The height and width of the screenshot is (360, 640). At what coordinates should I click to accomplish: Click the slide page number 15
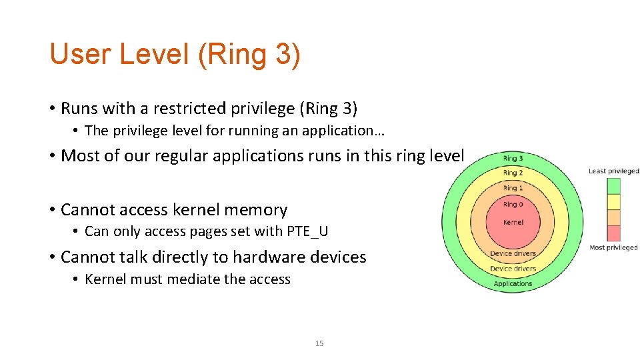pos(319,343)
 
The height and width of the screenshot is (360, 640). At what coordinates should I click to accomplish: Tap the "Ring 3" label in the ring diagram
pos(513,159)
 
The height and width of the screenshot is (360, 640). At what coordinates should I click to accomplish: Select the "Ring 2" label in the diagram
pos(513,173)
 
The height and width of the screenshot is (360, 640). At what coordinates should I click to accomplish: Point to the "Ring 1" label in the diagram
pos(513,189)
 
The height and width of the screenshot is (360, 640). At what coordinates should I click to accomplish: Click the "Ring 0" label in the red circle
pos(513,205)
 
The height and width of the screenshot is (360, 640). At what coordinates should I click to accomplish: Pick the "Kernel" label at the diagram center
pos(513,222)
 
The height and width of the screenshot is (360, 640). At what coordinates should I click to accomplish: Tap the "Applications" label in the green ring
pos(513,283)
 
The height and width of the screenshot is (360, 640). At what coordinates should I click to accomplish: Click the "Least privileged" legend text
pos(613,171)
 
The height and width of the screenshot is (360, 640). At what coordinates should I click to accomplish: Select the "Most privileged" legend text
pos(613,248)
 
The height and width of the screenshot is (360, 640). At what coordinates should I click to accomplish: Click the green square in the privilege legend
pos(613,185)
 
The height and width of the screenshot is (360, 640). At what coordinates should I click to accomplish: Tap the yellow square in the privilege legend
pos(613,201)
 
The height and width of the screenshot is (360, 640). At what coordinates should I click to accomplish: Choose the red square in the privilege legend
pos(613,233)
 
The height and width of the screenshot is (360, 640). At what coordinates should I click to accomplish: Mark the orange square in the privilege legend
pos(613,217)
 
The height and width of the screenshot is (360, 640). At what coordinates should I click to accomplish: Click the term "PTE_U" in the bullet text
pos(307,231)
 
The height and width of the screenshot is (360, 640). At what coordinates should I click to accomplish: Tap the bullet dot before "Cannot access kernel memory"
pos(51,210)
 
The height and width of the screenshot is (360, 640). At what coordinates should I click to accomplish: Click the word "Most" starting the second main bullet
pos(78,156)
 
